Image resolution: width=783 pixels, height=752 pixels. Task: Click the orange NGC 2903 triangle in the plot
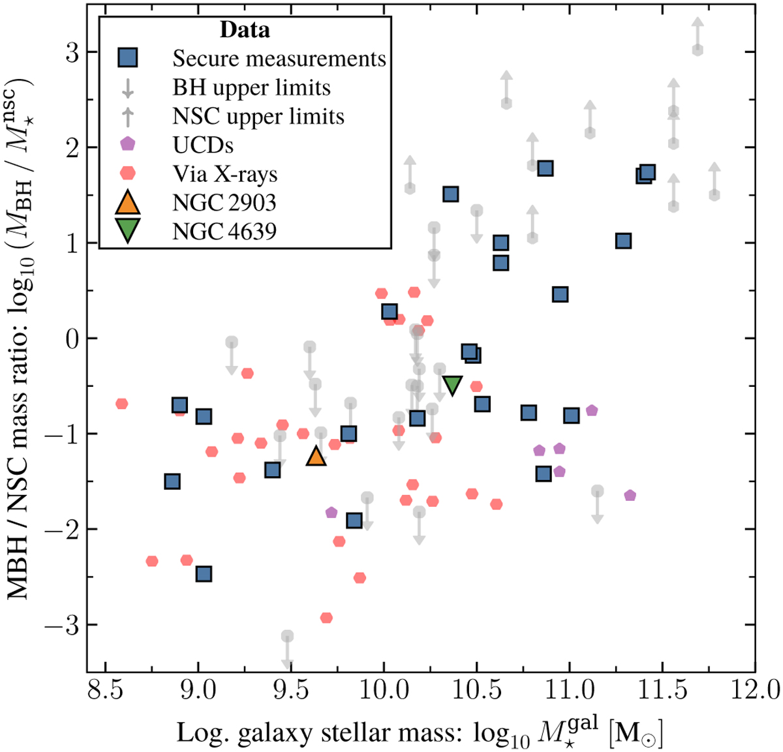[316, 456]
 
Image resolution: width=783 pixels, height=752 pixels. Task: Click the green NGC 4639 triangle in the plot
[452, 385]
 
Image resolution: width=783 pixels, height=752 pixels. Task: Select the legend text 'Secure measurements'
[279, 59]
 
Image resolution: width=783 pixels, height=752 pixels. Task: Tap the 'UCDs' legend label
[203, 145]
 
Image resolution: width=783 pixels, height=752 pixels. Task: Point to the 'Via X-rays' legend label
[225, 174]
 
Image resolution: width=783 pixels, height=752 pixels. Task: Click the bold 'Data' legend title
[245, 30]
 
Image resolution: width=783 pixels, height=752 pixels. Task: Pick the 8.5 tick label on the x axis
[105, 689]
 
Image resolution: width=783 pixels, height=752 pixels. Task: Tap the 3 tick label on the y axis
[72, 53]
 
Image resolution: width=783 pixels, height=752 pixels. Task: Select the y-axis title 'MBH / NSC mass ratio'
[21, 339]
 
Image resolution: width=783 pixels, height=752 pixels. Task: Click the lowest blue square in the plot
[204, 574]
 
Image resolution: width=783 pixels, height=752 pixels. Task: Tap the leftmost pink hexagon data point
[121, 404]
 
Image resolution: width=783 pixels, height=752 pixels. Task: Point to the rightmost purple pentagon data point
[630, 496]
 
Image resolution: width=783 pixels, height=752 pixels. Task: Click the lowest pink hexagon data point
[326, 618]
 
